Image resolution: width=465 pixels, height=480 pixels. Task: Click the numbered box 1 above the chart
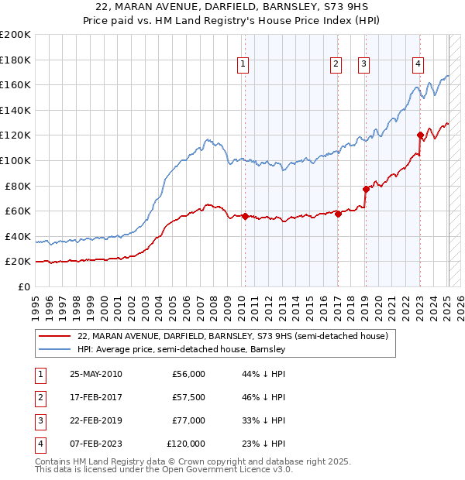pyautogui.click(x=243, y=64)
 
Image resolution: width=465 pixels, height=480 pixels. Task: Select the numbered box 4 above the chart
pyautogui.click(x=418, y=64)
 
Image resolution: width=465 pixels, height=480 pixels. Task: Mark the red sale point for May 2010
pyautogui.click(x=245, y=216)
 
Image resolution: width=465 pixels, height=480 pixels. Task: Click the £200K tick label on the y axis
pyautogui.click(x=15, y=34)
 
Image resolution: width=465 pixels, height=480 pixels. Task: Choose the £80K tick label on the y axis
pyautogui.click(x=19, y=186)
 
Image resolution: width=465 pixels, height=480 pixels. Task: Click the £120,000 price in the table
pyautogui.click(x=186, y=444)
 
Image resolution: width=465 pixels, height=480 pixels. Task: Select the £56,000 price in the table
pyautogui.click(x=188, y=375)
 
